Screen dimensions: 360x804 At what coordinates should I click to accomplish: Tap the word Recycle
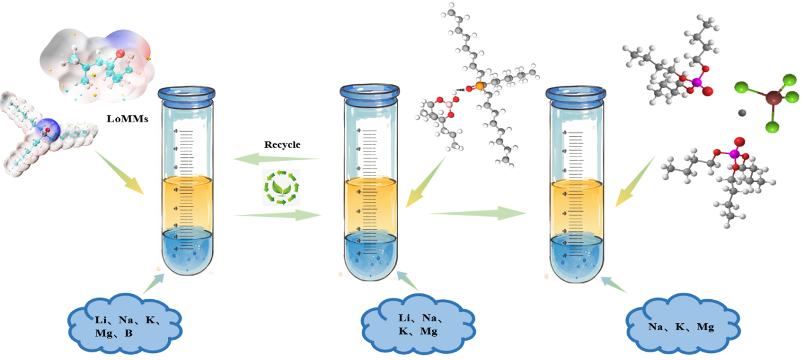282,145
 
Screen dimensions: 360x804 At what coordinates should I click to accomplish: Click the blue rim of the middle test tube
370,93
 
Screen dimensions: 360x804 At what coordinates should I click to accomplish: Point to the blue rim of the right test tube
576,94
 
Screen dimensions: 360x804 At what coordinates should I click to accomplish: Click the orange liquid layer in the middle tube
370,206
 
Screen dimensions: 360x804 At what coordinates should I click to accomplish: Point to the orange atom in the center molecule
479,85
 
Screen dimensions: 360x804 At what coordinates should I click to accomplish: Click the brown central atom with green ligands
773,98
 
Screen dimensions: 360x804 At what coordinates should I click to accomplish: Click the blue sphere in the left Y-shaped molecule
46,129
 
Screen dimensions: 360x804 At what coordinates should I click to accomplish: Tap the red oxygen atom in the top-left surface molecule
121,53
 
